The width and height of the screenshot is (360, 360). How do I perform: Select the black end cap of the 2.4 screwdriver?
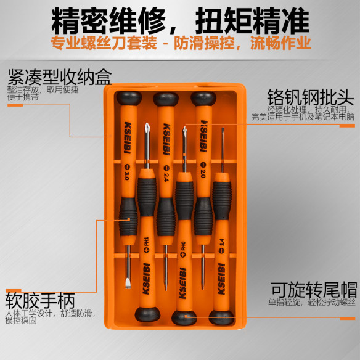coord(165,99)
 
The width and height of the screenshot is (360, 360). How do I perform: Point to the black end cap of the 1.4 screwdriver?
coord(220,317)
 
